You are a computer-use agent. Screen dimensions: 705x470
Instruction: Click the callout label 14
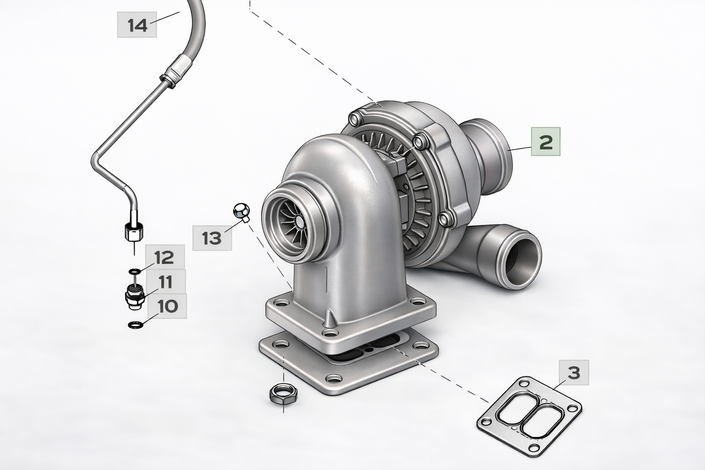pos(137,25)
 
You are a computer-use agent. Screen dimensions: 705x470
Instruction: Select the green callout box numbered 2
pos(546,142)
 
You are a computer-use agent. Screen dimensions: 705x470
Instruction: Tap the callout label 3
pos(574,373)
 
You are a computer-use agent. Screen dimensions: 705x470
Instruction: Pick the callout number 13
pos(212,238)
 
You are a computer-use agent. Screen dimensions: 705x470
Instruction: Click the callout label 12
pos(165,257)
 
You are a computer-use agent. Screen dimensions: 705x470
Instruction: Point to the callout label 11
pos(166,282)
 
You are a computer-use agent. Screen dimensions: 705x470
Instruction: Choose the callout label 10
pos(167,306)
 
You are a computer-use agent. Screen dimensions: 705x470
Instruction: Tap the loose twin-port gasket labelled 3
pos(529,414)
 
